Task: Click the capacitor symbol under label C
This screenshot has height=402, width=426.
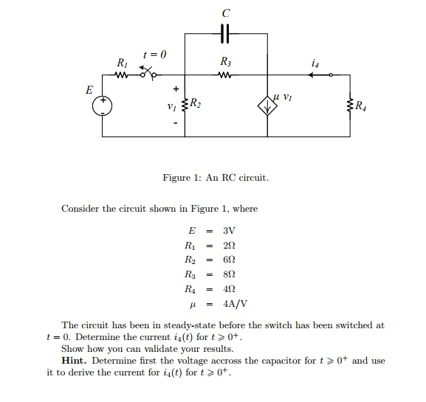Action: pyautogui.click(x=225, y=34)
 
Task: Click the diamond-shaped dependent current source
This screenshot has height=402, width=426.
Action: pyautogui.click(x=266, y=105)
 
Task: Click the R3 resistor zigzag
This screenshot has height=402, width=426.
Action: pyautogui.click(x=225, y=74)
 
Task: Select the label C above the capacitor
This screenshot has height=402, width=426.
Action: pyautogui.click(x=225, y=12)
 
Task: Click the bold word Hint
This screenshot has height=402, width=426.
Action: pyautogui.click(x=79, y=361)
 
